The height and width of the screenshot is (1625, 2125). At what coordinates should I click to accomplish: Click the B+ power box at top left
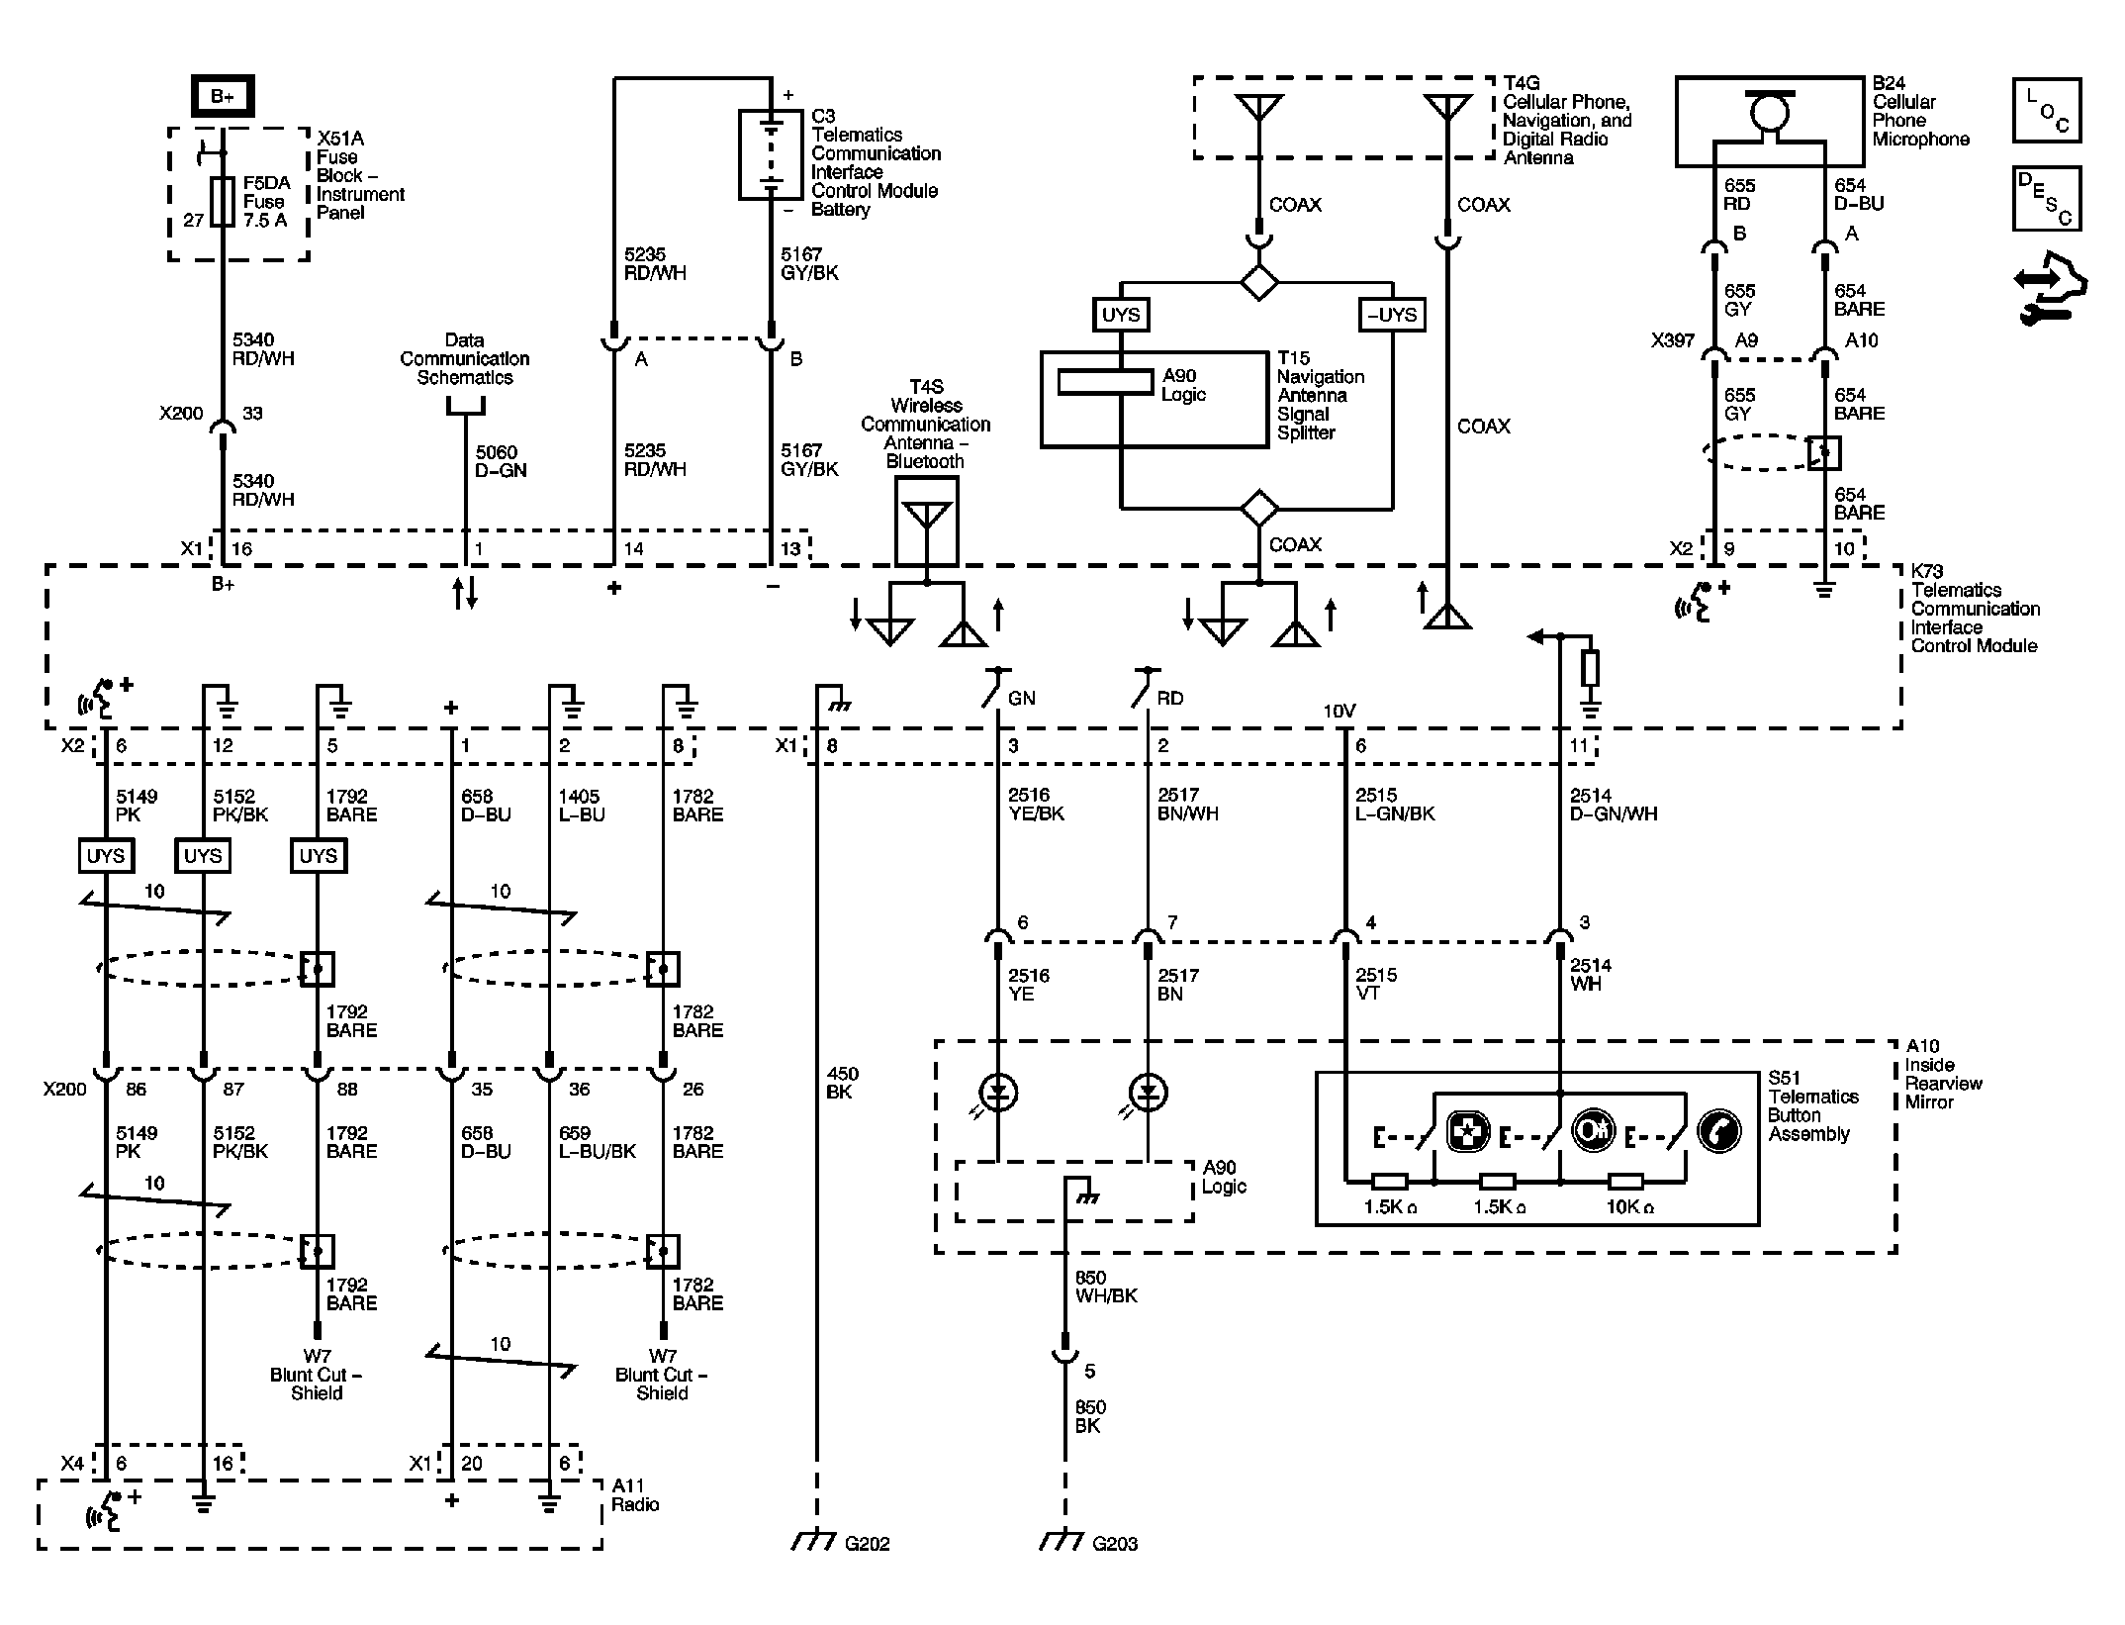(223, 97)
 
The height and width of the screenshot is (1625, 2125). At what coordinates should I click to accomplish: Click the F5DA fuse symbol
(224, 202)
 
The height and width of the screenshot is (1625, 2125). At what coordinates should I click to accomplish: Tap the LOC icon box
(2047, 110)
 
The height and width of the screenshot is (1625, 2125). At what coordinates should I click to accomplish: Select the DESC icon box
(2047, 199)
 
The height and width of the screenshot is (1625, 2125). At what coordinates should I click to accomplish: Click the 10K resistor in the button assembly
(1625, 1181)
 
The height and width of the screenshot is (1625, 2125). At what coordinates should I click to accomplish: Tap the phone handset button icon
(1719, 1131)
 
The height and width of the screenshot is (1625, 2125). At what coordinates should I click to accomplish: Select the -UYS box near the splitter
(1392, 315)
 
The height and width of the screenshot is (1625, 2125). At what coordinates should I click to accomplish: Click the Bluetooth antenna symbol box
(927, 522)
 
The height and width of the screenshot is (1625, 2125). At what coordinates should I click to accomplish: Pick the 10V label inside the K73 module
(1340, 711)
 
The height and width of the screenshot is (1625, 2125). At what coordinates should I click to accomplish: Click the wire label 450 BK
(842, 1083)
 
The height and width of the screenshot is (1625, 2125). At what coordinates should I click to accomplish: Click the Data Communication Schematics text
(465, 358)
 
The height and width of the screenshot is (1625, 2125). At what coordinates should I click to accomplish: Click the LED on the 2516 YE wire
(998, 1093)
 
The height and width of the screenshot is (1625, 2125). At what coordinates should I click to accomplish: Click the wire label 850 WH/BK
(1106, 1287)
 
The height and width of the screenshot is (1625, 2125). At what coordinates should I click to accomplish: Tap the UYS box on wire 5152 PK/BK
(203, 856)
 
